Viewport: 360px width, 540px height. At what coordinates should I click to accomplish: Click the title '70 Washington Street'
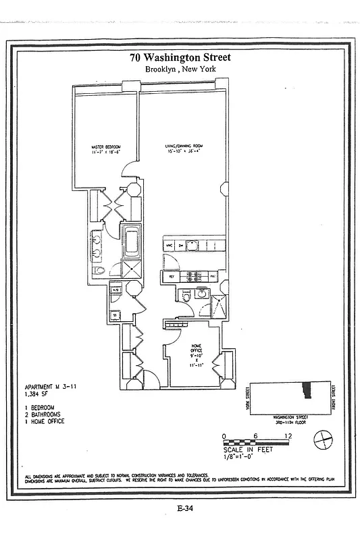coord(180,58)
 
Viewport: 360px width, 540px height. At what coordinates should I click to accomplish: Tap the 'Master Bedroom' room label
coord(105,148)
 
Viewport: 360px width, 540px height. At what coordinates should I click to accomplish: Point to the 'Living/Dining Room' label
coord(184,148)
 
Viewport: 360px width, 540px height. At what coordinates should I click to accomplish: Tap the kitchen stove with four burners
coord(192,276)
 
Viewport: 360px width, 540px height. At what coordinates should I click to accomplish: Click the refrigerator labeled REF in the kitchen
coord(172,276)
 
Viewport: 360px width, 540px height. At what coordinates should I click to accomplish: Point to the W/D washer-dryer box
coord(115,291)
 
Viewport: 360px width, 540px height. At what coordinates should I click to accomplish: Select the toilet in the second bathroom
coord(184,296)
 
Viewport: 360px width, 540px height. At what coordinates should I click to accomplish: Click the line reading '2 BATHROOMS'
coord(43,414)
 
